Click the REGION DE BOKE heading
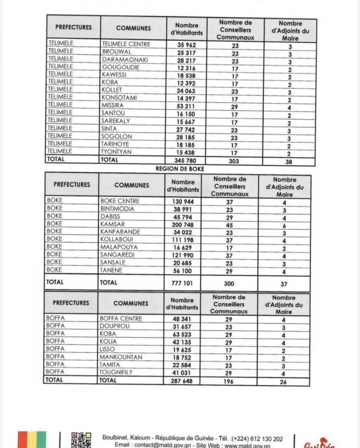coord(180,168)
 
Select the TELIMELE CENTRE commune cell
coord(126,44)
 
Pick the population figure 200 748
coord(182,224)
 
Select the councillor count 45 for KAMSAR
coord(229,224)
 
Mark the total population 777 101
coord(182,282)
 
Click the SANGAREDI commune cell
coord(116,255)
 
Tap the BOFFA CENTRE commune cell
coord(121,319)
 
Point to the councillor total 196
coord(228,381)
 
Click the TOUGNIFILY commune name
coord(116,373)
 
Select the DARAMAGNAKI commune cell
coord(125,59)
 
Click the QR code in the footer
coord(81,440)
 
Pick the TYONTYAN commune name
coord(117,152)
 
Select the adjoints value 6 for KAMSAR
coord(284,225)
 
